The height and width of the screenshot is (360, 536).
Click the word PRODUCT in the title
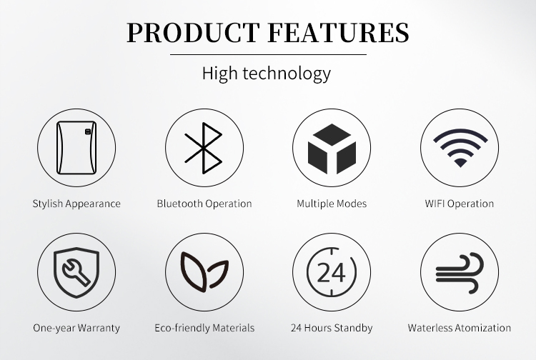coord(193,32)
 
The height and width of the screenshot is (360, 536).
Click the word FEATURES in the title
coord(339,32)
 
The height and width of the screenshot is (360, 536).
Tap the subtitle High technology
coord(267,74)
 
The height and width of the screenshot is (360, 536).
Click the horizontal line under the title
coord(268,54)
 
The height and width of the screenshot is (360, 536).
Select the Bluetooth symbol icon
coord(204,148)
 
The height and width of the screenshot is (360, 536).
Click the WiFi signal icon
coord(460,148)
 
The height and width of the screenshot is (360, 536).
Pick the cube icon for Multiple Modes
coord(332,149)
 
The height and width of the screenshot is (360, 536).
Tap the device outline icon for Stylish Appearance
coord(76,148)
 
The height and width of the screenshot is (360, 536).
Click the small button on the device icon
coord(88,131)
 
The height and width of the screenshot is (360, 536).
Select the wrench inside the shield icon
coord(76,272)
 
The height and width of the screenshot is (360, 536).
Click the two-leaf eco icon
coord(204,272)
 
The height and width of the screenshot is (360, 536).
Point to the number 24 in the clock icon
coord(331,273)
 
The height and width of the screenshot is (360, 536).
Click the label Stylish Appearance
coord(76,204)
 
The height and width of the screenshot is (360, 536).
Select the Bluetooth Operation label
coord(204,204)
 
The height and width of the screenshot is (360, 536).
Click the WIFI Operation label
coord(460,204)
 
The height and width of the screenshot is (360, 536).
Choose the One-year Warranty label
coord(76,328)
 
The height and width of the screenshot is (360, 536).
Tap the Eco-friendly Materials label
coord(204,328)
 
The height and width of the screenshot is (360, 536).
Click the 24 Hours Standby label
coord(332,328)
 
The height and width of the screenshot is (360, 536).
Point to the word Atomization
coord(483,328)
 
